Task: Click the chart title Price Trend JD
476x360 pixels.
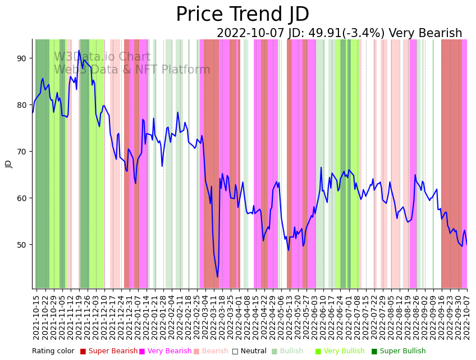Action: pyautogui.click(x=242, y=15)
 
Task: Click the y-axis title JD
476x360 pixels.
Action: pyautogui.click(x=8, y=164)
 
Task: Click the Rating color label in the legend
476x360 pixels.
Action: pyautogui.click(x=53, y=351)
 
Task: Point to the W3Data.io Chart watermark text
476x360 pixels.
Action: pyautogui.click(x=102, y=57)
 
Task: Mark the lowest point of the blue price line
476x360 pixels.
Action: pyautogui.click(x=218, y=277)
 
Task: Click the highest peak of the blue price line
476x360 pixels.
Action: pyautogui.click(x=79, y=51)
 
